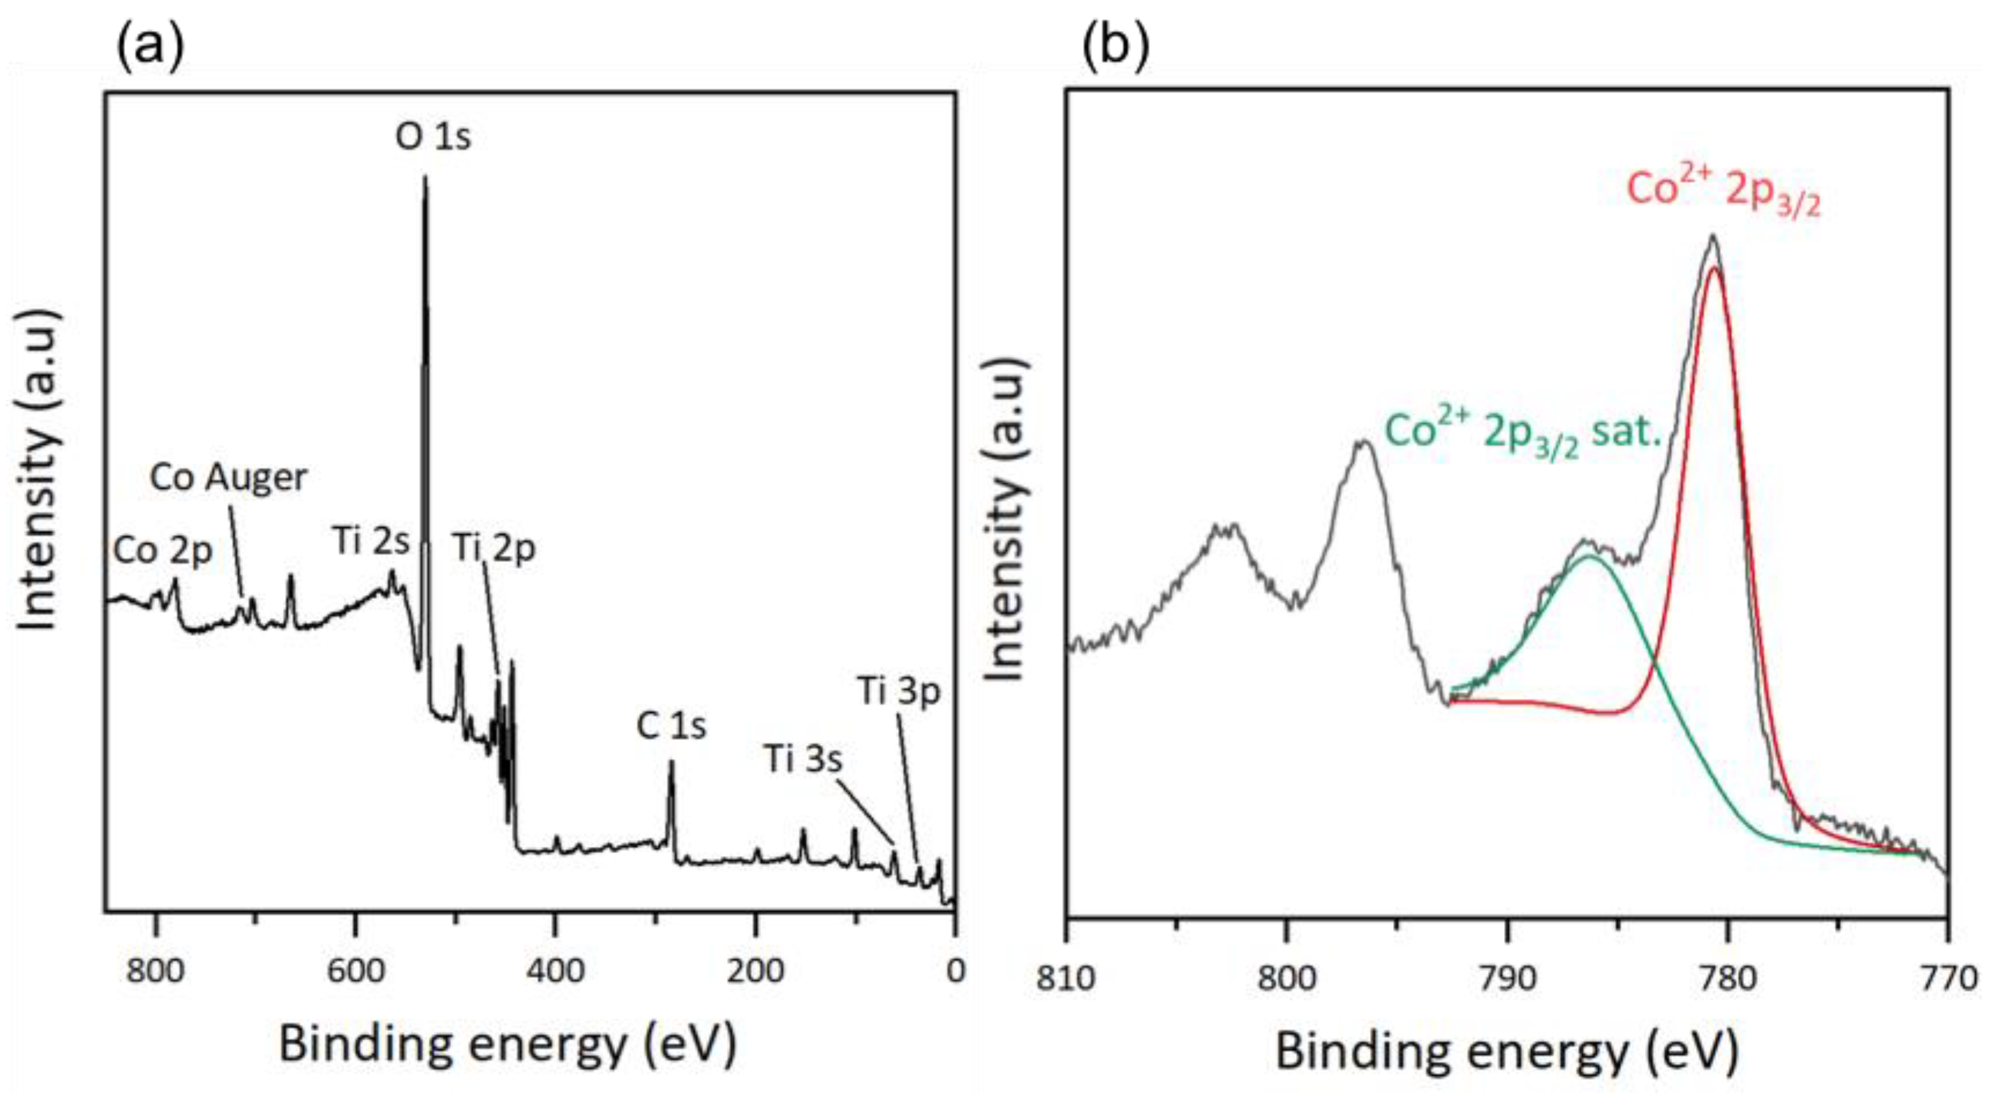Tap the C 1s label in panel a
pos(671,726)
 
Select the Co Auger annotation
pos(229,477)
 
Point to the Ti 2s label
pos(371,541)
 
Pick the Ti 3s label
pos(803,759)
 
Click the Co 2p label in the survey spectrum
pos(162,551)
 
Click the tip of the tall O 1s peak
pos(424,177)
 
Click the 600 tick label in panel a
pos(355,971)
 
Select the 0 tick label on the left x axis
pos(955,971)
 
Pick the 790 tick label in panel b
pos(1506,979)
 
